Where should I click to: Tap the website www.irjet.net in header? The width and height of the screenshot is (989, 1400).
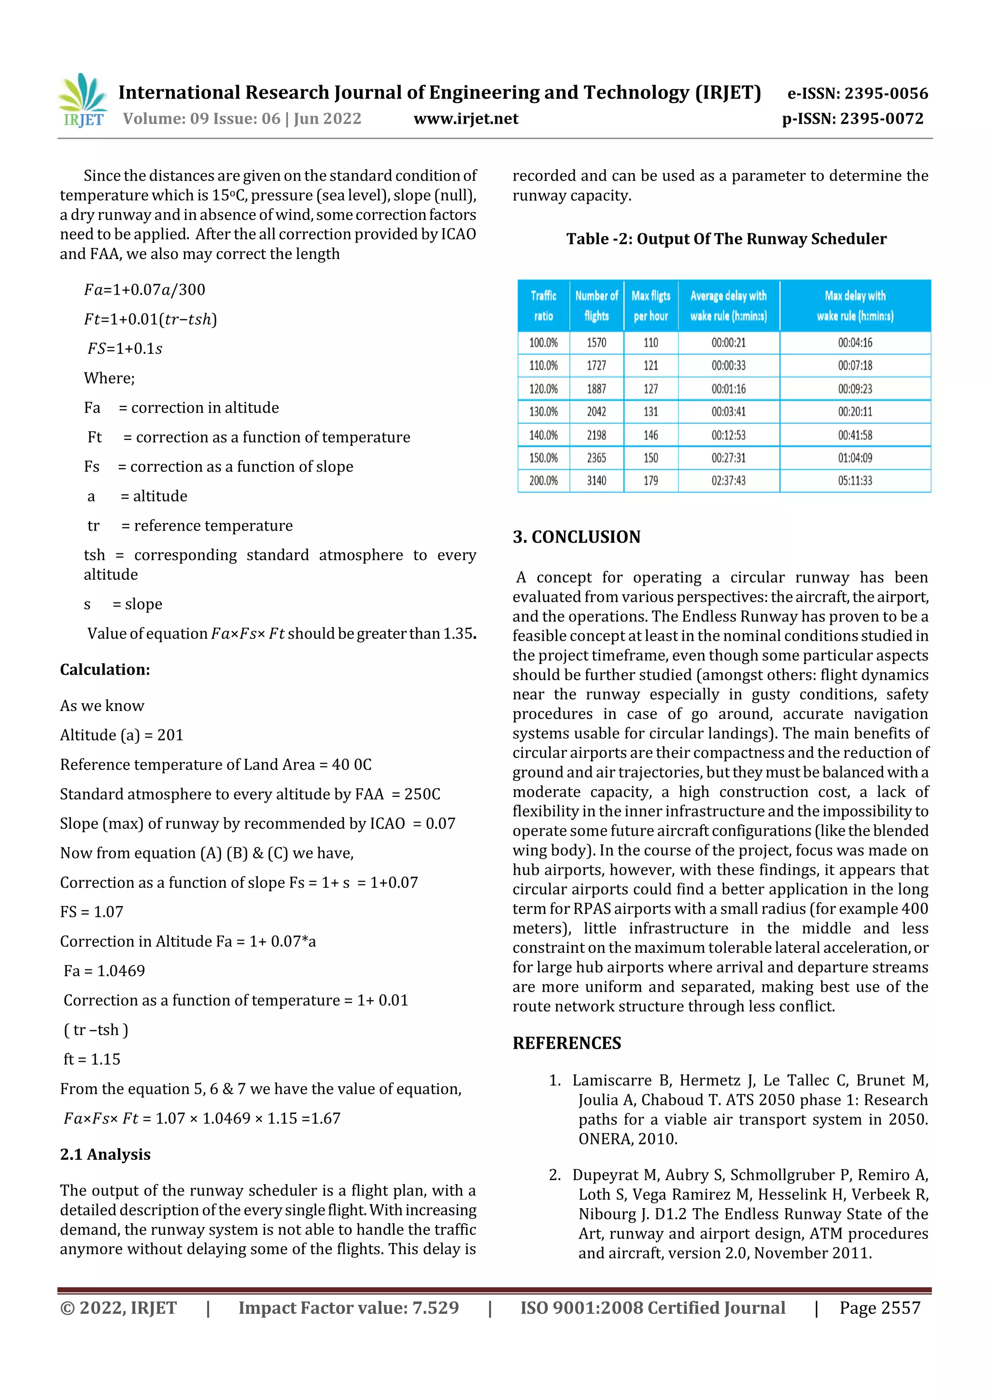coord(466,119)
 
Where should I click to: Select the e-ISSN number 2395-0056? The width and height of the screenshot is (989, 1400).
coord(857,93)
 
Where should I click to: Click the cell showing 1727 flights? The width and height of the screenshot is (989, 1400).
coord(596,365)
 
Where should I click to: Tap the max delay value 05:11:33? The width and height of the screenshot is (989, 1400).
coord(854,480)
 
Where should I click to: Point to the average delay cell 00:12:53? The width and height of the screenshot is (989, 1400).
coord(728,435)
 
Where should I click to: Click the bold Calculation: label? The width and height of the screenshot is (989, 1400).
coord(105,669)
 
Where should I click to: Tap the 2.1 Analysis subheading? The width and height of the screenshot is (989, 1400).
coord(105,1155)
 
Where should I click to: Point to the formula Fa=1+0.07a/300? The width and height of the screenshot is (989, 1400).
coord(144,289)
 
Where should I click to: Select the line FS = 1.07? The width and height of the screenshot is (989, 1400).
coord(91,911)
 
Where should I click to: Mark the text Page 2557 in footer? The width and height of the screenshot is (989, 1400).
coord(879,1307)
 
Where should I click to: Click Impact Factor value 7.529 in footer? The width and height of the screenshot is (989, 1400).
coord(348,1307)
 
